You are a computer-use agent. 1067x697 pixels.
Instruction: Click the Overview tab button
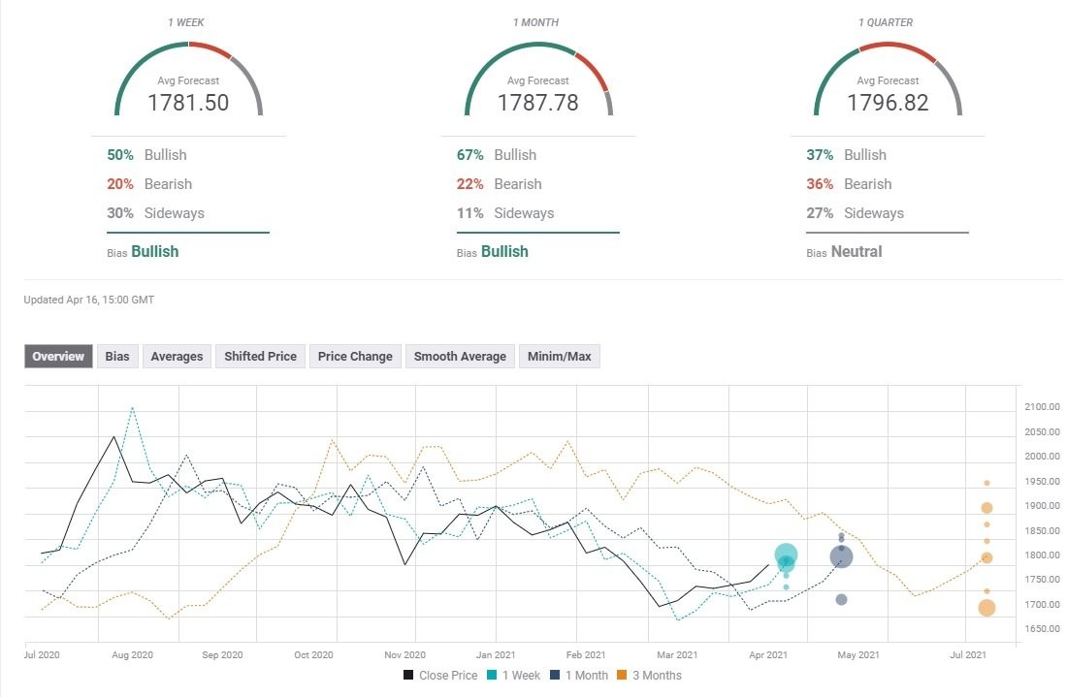coord(58,357)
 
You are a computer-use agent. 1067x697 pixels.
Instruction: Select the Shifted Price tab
coord(261,357)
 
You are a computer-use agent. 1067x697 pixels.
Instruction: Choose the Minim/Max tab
coord(560,357)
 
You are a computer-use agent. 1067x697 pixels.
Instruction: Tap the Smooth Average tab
coord(460,357)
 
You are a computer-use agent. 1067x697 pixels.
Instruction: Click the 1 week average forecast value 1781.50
coord(188,103)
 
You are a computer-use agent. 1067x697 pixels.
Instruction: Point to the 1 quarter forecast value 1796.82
coord(888,103)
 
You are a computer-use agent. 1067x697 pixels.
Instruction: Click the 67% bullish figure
coord(470,155)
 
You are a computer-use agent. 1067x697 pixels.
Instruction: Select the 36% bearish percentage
coord(820,184)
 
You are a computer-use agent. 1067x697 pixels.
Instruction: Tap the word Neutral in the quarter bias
coord(857,252)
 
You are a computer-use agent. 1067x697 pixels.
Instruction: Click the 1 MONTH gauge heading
coord(536,22)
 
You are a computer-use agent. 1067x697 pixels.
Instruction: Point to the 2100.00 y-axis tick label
coord(1042,406)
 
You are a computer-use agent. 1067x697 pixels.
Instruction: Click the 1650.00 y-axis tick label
coord(1042,629)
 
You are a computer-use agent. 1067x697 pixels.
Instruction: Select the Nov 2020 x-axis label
coord(404,655)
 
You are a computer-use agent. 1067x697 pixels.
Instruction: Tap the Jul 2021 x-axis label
coord(968,655)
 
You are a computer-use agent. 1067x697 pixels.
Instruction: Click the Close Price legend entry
coord(440,676)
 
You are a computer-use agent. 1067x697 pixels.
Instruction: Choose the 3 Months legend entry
coord(649,676)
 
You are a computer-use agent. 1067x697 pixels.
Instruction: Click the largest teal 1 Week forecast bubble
coord(786,554)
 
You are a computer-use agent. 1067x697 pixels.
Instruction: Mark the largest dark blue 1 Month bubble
coord(842,557)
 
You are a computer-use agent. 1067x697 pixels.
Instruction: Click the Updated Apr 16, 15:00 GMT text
coord(89,300)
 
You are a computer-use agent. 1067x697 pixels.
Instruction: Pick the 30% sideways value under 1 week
coord(120,213)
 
